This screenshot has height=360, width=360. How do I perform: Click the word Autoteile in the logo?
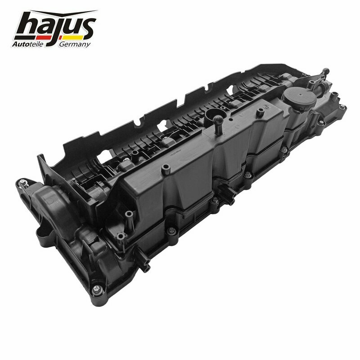click(x=27, y=44)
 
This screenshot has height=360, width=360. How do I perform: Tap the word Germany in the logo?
click(x=75, y=44)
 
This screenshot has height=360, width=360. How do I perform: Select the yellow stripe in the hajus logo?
click(x=73, y=37)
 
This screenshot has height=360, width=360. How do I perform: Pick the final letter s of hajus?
click(x=87, y=27)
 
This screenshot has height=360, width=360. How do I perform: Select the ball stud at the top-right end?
click(x=325, y=71)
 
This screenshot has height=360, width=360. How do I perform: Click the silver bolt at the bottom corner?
click(x=97, y=289)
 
